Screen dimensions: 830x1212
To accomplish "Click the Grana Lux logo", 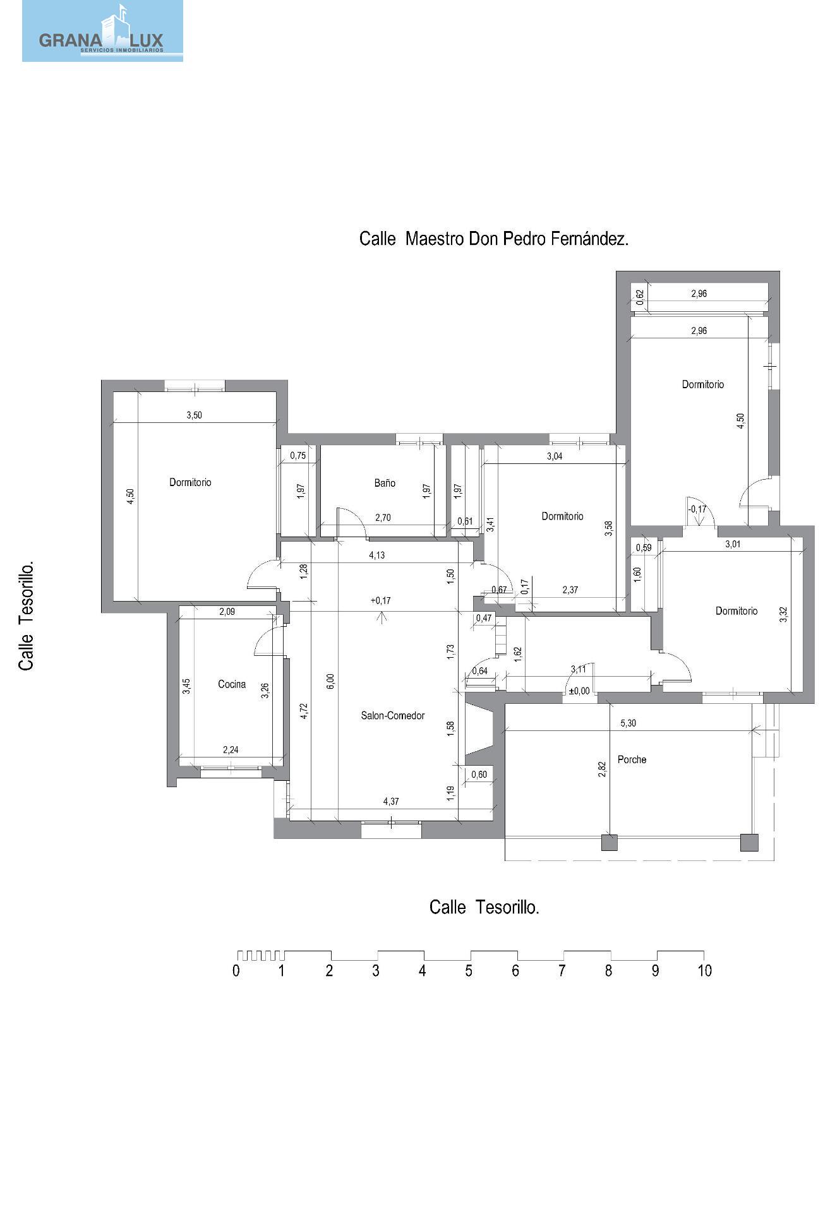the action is [102, 31].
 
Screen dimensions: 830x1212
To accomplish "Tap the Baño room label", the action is [385, 483].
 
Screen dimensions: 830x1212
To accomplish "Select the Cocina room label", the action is [232, 684].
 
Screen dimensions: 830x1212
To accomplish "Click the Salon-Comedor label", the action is [393, 716].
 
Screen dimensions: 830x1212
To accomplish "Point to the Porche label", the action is [632, 759].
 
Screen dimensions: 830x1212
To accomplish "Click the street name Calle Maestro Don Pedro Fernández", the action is [494, 239].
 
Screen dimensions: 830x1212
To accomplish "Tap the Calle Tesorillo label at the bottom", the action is [484, 907].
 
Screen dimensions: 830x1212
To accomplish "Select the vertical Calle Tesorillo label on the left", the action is [27, 617].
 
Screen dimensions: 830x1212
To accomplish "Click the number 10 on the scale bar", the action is [704, 971].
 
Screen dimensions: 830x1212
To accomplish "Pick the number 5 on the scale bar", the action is [469, 971].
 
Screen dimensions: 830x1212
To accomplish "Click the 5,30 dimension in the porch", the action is [628, 723].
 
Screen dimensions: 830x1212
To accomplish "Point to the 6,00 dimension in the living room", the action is [331, 682].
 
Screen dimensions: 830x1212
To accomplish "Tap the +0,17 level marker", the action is [381, 600].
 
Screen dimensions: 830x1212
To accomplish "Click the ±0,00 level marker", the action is [579, 691].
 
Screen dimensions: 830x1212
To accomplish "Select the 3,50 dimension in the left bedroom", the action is [194, 415].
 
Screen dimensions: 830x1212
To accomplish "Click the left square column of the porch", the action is [609, 843].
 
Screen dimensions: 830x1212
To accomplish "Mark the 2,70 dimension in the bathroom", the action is [383, 518].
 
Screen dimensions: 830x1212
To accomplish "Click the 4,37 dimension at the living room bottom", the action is [391, 802].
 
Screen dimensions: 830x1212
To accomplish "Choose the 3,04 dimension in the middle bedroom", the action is [555, 456].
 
